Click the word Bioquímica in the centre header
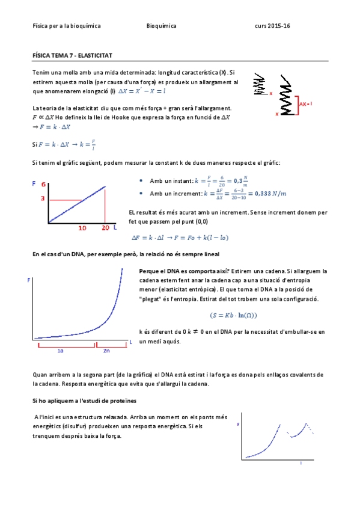162,26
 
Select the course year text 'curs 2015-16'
272,26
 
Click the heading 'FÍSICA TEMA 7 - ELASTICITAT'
72,55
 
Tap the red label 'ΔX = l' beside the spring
305,103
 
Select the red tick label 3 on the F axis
43,198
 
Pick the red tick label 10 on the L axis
83,228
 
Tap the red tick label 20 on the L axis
105,228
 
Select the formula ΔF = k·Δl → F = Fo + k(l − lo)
180,238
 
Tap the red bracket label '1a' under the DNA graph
61,350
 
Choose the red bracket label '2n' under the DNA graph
106,350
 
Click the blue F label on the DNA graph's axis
28,281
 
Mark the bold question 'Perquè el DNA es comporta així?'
180,271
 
